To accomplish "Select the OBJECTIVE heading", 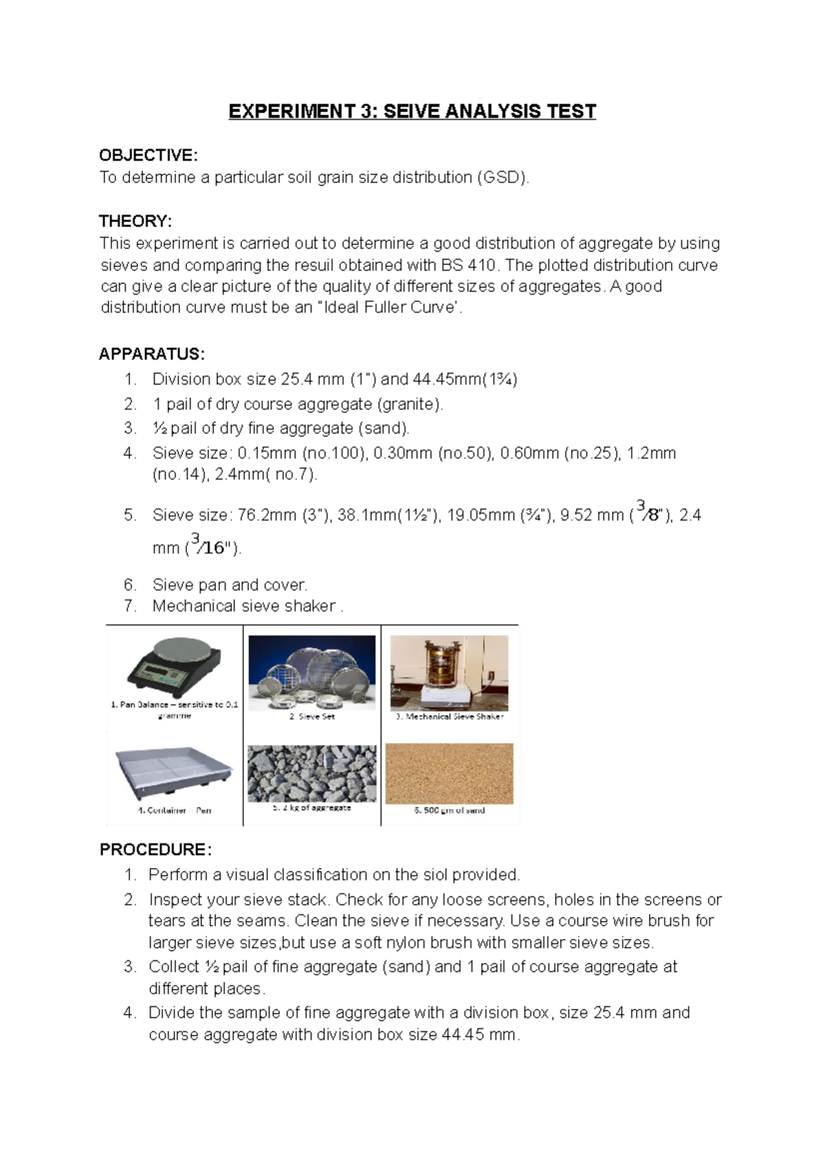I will coord(148,155).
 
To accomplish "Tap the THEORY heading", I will coord(135,221).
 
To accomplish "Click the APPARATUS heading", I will coord(151,354).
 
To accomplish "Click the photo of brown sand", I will coord(449,773).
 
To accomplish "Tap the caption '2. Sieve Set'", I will coord(311,717).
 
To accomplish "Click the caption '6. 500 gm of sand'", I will coord(449,810).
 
